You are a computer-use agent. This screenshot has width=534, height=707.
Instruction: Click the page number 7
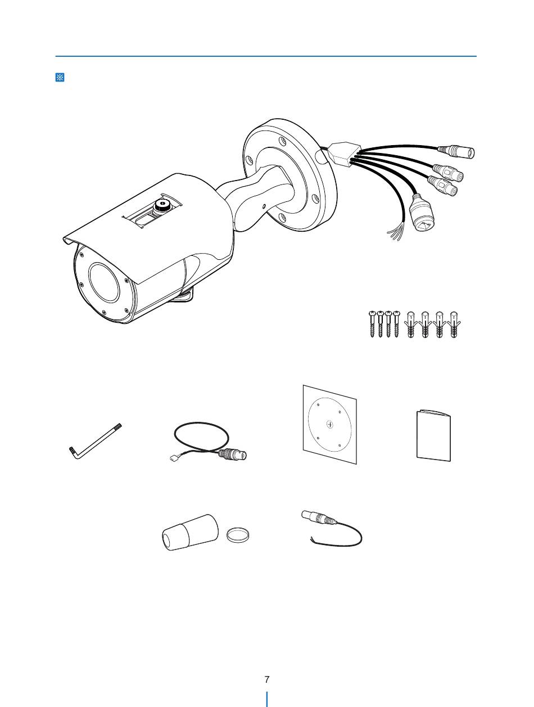click(x=267, y=679)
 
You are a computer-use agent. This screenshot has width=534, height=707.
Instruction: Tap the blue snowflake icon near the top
click(x=60, y=77)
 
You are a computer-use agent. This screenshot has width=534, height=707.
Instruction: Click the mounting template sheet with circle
click(x=330, y=425)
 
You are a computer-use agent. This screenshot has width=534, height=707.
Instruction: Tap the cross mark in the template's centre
click(x=330, y=425)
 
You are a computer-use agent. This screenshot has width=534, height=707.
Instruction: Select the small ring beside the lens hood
click(x=237, y=534)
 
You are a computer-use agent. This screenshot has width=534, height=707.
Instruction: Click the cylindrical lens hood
click(x=190, y=532)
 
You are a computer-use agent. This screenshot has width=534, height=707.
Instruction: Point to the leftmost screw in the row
click(x=372, y=324)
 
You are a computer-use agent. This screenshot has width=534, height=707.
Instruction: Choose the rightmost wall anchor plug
click(x=453, y=325)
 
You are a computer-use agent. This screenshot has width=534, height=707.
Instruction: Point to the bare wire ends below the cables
click(x=396, y=234)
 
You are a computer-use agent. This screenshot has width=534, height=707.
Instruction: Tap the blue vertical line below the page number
click(x=267, y=699)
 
